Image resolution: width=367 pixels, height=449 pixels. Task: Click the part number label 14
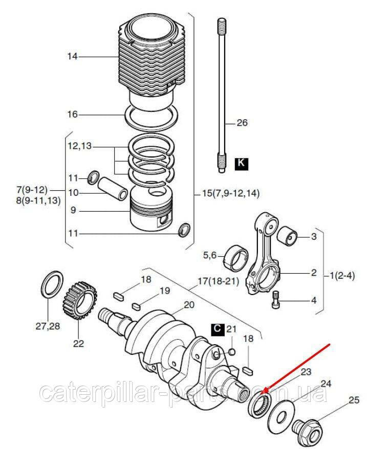pos(73,57)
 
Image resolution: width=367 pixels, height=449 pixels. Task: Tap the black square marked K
pos(241,164)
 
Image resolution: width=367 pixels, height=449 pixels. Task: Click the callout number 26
pos(242,123)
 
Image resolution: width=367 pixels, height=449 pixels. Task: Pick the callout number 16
pos(73,114)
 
